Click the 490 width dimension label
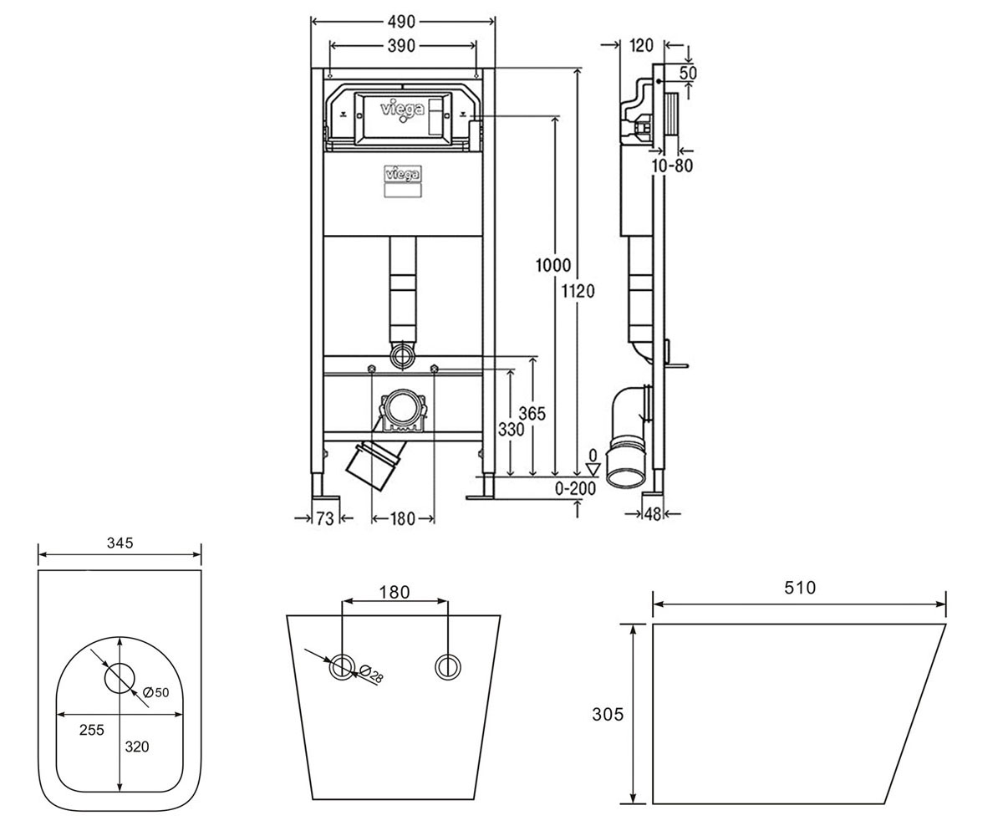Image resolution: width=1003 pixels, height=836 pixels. tap(401, 22)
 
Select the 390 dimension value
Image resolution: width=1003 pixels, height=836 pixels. tap(401, 46)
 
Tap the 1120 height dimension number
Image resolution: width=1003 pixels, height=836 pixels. tap(578, 291)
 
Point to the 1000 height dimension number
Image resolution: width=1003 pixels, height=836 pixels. tap(553, 265)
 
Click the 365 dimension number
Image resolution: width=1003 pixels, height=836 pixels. tap(532, 413)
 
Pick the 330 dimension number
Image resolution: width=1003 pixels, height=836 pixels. tap(511, 430)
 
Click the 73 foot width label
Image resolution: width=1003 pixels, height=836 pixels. tap(325, 518)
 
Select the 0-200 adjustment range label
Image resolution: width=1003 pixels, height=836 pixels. tap(576, 488)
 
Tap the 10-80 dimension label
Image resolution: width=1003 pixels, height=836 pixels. tap(673, 166)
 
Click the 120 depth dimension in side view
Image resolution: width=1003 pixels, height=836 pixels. tap(641, 46)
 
